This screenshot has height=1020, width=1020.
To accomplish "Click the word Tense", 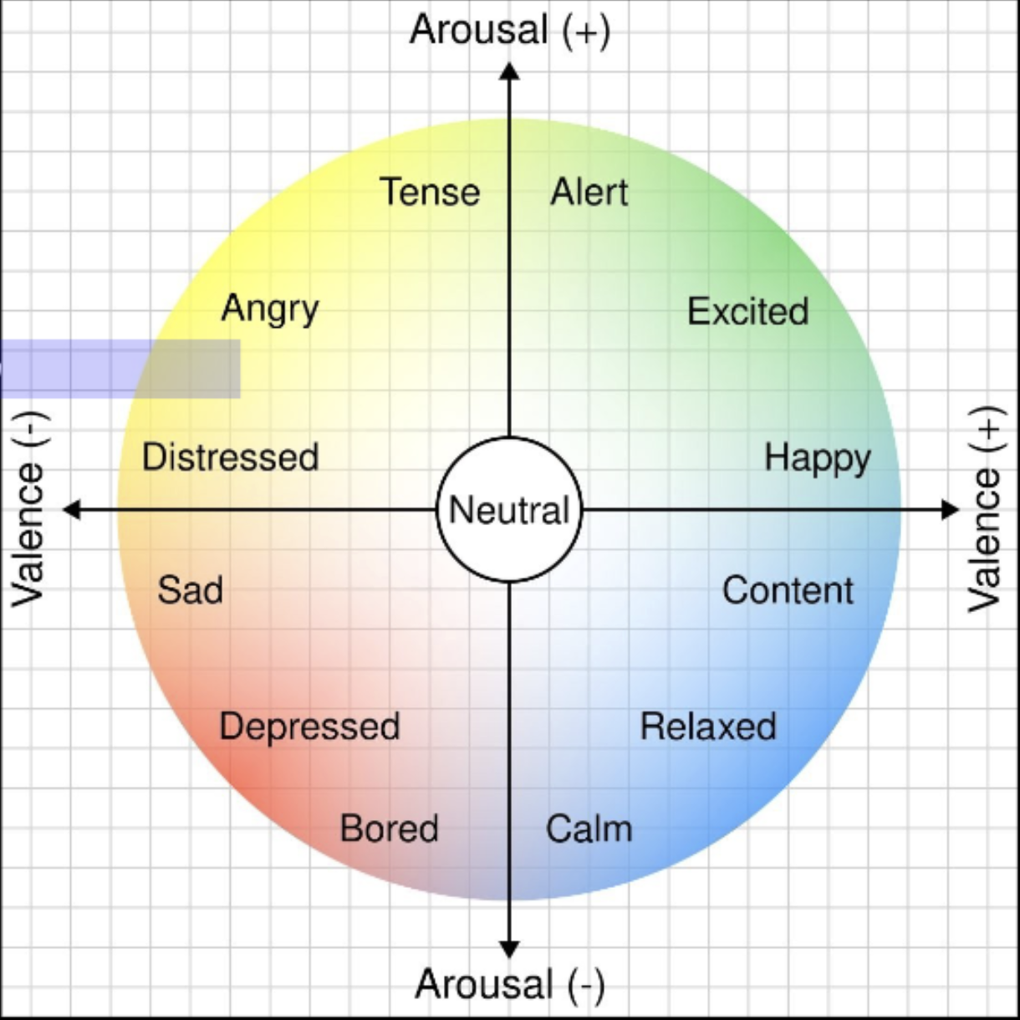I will (430, 192).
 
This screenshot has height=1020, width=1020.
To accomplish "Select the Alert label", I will (589, 192).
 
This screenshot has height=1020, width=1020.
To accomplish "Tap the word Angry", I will (270, 309).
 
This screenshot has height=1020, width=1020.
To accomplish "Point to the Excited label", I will (747, 312).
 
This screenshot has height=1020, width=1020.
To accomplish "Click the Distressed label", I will (230, 457).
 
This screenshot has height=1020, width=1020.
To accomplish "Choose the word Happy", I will (817, 458).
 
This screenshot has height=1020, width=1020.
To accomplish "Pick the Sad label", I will (190, 590).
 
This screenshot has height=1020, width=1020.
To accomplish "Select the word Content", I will (788, 590).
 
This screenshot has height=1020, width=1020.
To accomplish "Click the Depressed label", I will (309, 727).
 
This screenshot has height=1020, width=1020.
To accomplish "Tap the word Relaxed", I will (708, 727).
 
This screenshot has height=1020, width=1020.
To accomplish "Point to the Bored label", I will (389, 829).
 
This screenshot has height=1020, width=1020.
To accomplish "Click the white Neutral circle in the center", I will (509, 510).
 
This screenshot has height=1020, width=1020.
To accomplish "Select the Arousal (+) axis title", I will (510, 30).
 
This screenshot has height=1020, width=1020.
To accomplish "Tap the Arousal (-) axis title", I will (510, 984).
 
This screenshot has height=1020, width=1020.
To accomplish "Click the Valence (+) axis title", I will (984, 510).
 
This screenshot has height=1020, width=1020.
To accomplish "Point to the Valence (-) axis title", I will (28, 510).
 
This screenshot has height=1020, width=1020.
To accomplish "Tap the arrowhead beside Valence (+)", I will (950, 509).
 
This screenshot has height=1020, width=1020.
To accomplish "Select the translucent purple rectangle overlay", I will (120, 369).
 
